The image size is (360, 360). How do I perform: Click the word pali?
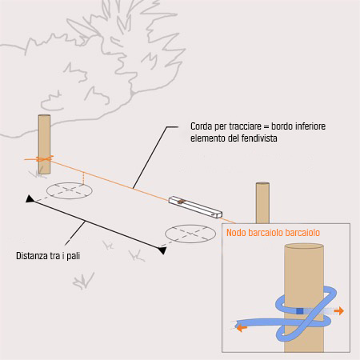74,256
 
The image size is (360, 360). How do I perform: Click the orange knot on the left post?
43,159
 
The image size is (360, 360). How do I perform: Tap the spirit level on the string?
195,207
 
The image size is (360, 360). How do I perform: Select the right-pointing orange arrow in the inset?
339,310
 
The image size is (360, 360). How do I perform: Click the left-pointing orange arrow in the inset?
242,327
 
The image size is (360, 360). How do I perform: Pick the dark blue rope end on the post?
300,311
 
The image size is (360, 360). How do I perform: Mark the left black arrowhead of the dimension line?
30,199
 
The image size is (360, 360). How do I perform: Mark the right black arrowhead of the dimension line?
162,250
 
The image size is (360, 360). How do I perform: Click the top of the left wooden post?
44,115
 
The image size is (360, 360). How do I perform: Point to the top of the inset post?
304,246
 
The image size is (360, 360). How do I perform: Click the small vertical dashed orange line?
83,178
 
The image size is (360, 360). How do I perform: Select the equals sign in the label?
266,127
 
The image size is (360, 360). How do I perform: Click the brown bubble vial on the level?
182,202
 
